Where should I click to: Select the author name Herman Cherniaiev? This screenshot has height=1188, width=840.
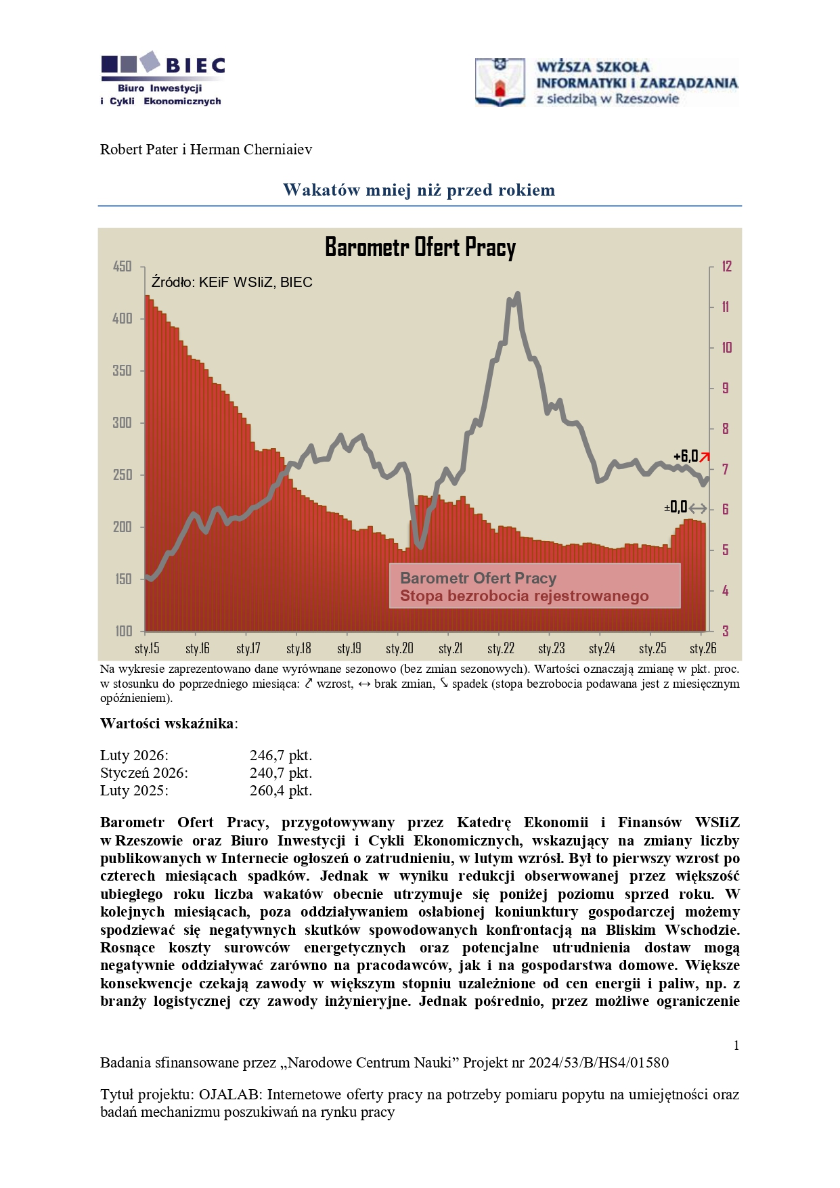pos(251,150)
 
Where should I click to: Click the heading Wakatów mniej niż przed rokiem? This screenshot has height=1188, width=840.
pos(419,190)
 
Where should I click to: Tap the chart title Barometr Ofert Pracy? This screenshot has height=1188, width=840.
pos(420,247)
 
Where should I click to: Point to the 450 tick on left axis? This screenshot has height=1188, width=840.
pos(122,267)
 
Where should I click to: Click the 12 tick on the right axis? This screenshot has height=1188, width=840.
pos(726,267)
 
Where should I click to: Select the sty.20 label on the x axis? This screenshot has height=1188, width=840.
pos(399,648)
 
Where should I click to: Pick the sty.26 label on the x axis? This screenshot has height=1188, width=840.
pos(703,648)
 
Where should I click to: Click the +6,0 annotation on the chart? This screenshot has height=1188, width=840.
pos(685,456)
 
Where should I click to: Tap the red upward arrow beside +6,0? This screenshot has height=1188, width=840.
pos(705,457)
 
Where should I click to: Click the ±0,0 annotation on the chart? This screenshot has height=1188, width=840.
pos(676,508)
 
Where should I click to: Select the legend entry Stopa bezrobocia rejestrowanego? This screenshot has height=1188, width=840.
pos(524,596)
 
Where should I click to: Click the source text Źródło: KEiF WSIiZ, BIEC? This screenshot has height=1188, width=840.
pos(231,282)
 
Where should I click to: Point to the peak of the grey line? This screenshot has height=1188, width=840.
pos(518,294)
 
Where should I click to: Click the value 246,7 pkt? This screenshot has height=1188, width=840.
pos(280,755)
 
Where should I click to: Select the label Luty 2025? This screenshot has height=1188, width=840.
pos(134,791)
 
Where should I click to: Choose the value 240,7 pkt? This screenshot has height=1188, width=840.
pos(280,773)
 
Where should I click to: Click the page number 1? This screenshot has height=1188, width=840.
pos(736,1046)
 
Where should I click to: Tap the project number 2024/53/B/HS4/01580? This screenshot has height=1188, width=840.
pos(598,1063)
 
